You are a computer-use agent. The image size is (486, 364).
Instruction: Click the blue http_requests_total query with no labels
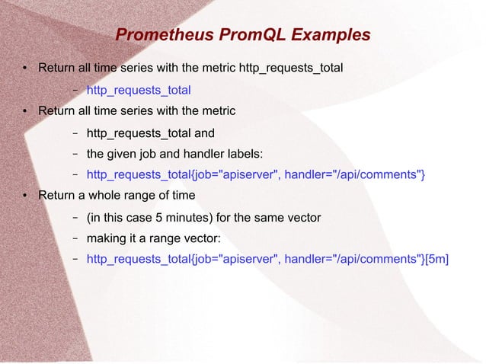(139, 90)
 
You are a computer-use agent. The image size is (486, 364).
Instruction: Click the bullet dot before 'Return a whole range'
(24, 196)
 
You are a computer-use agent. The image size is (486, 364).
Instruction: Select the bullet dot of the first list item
(24, 69)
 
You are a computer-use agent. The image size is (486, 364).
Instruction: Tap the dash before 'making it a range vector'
(75, 238)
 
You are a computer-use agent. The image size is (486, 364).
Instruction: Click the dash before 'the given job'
(75, 154)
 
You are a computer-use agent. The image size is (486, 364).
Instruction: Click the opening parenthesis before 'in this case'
(89, 218)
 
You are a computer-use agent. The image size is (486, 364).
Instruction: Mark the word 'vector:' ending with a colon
(203, 238)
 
